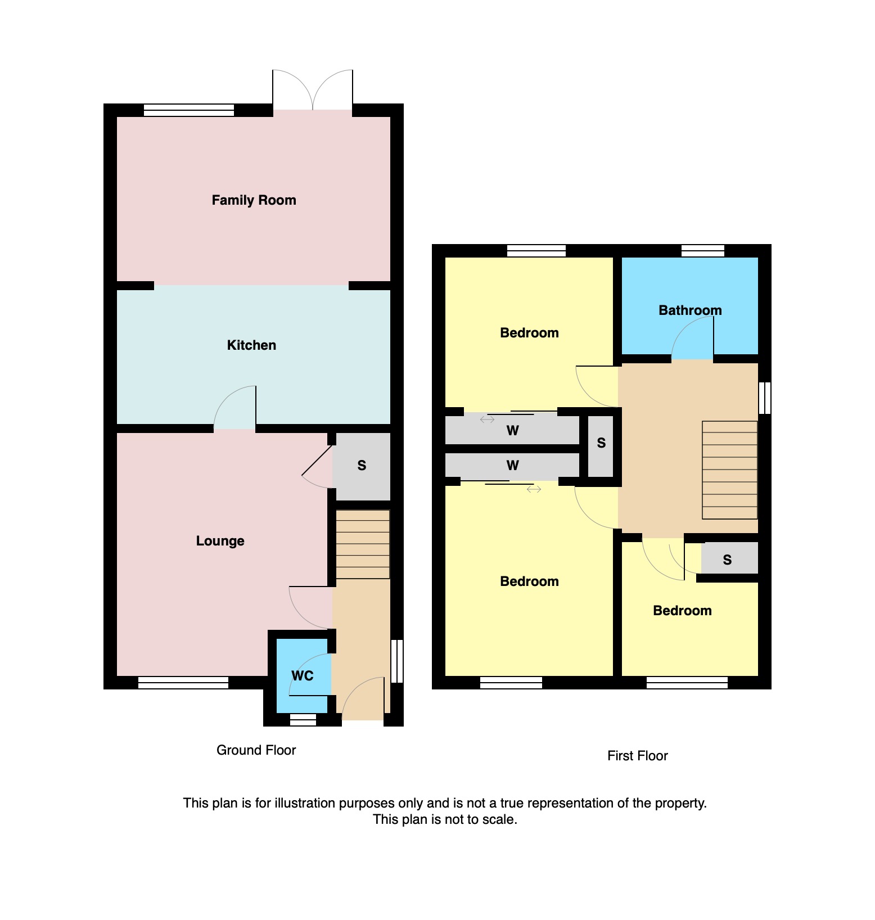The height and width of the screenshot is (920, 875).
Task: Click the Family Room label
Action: pyautogui.click(x=254, y=200)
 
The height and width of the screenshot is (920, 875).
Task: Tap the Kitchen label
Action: pyautogui.click(x=251, y=345)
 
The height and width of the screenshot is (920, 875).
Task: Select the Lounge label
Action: pyautogui.click(x=220, y=541)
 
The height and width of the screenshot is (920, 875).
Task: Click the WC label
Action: pyautogui.click(x=302, y=676)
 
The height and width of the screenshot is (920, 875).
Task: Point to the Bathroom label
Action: pyautogui.click(x=690, y=310)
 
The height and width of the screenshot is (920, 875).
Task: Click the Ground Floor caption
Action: pyautogui.click(x=256, y=750)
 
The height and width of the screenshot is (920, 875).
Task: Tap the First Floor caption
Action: pyautogui.click(x=637, y=756)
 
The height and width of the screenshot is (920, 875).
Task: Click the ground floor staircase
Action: pyautogui.click(x=363, y=544)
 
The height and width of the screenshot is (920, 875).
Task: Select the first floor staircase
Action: pyautogui.click(x=729, y=470)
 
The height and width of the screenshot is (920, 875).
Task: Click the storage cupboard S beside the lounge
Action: pyautogui.click(x=362, y=466)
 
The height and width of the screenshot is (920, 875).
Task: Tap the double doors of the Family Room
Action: pyautogui.click(x=313, y=90)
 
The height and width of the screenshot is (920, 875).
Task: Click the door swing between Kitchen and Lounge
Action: pyautogui.click(x=235, y=408)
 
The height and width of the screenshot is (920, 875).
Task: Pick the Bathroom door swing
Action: pyautogui.click(x=693, y=337)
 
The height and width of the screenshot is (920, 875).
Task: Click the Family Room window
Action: pyautogui.click(x=189, y=110)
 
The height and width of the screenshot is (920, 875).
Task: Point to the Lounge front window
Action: pyautogui.click(x=183, y=683)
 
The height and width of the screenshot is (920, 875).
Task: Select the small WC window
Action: pyautogui.click(x=303, y=720)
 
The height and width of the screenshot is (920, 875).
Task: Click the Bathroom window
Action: pyautogui.click(x=703, y=251)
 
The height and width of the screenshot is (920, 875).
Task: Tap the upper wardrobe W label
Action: pyautogui.click(x=512, y=431)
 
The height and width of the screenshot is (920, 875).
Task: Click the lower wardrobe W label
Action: pyautogui.click(x=512, y=466)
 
